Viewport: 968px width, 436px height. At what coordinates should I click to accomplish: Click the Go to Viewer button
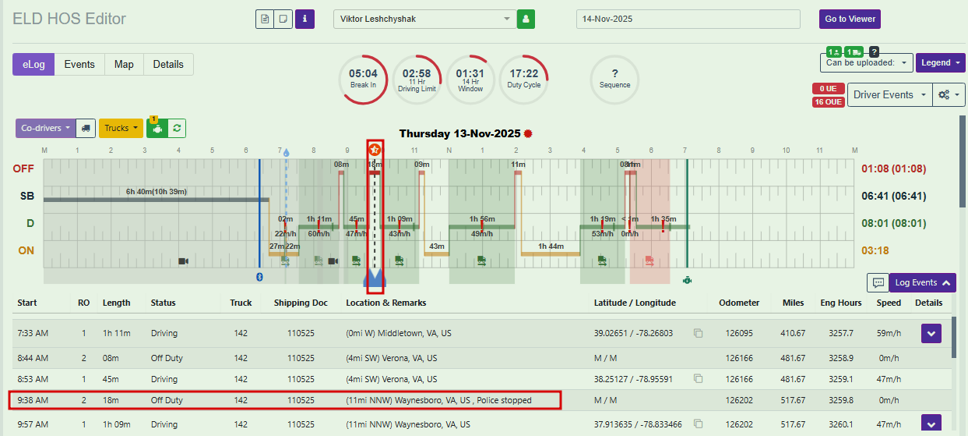pos(850,19)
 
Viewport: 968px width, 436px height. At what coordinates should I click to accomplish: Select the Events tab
pos(79,65)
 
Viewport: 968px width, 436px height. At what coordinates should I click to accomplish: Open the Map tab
pos(124,65)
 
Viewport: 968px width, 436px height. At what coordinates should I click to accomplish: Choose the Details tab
pos(168,65)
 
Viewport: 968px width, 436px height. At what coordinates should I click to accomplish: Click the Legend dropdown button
pos(940,62)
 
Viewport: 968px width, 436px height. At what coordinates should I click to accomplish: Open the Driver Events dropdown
pos(889,94)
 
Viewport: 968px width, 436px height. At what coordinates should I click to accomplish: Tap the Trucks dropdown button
pos(121,128)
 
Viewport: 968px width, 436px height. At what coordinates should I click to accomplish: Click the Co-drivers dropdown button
pos(46,128)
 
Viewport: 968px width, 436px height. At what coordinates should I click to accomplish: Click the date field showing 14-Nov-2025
pos(688,19)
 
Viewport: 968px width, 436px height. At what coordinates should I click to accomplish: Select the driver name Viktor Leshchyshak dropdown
pos(424,19)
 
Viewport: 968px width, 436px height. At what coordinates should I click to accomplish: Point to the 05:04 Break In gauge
pos(363,79)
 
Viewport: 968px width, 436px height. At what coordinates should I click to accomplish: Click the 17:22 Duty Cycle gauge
pos(523,79)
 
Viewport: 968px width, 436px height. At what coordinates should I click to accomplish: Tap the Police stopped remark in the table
pos(504,400)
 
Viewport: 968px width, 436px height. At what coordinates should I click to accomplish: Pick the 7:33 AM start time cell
pos(33,333)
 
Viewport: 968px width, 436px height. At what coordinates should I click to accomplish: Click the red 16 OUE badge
pos(828,102)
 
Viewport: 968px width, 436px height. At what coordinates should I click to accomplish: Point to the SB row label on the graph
pos(27,196)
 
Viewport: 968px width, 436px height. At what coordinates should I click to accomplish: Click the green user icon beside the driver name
pos(526,19)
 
